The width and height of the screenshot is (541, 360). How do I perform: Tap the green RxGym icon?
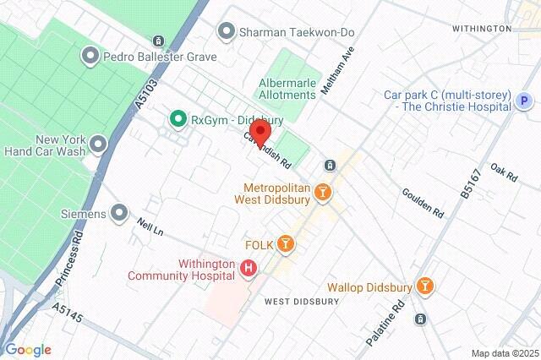coord(178,119)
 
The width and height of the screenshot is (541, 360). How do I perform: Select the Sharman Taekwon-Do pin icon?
coord(226,32)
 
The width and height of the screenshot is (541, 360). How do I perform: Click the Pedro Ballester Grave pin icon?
coord(90,57)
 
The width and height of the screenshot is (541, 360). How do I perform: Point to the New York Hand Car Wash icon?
coord(99,145)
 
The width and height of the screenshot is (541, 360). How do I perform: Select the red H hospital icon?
coord(249,269)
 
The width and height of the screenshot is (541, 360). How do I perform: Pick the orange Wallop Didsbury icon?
coord(427,287)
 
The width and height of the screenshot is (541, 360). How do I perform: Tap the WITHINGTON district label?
coord(482,28)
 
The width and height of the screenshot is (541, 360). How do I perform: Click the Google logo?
coord(28,350)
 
